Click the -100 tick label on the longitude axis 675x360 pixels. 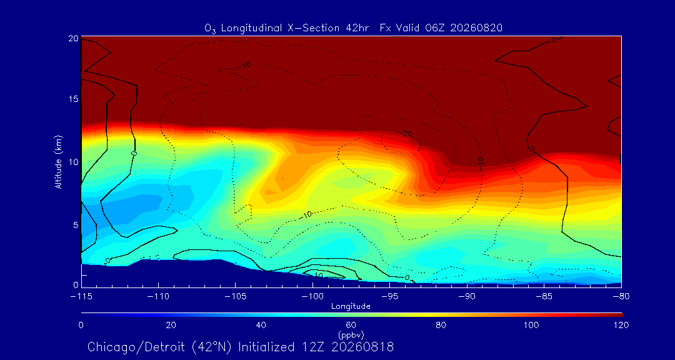tap(312, 297)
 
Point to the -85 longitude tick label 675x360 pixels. tap(544, 297)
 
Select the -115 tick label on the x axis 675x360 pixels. tap(81, 297)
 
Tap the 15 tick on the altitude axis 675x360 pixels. tap(73, 99)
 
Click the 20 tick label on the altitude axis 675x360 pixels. tap(73, 38)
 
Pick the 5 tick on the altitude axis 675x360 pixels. tap(76, 225)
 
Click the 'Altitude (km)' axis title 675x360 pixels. tap(59, 161)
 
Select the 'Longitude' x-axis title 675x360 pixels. tap(351, 307)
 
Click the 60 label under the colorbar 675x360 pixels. tap(351, 325)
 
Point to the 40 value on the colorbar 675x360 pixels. tap(261, 325)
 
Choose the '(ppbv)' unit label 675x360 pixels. tap(351, 333)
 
